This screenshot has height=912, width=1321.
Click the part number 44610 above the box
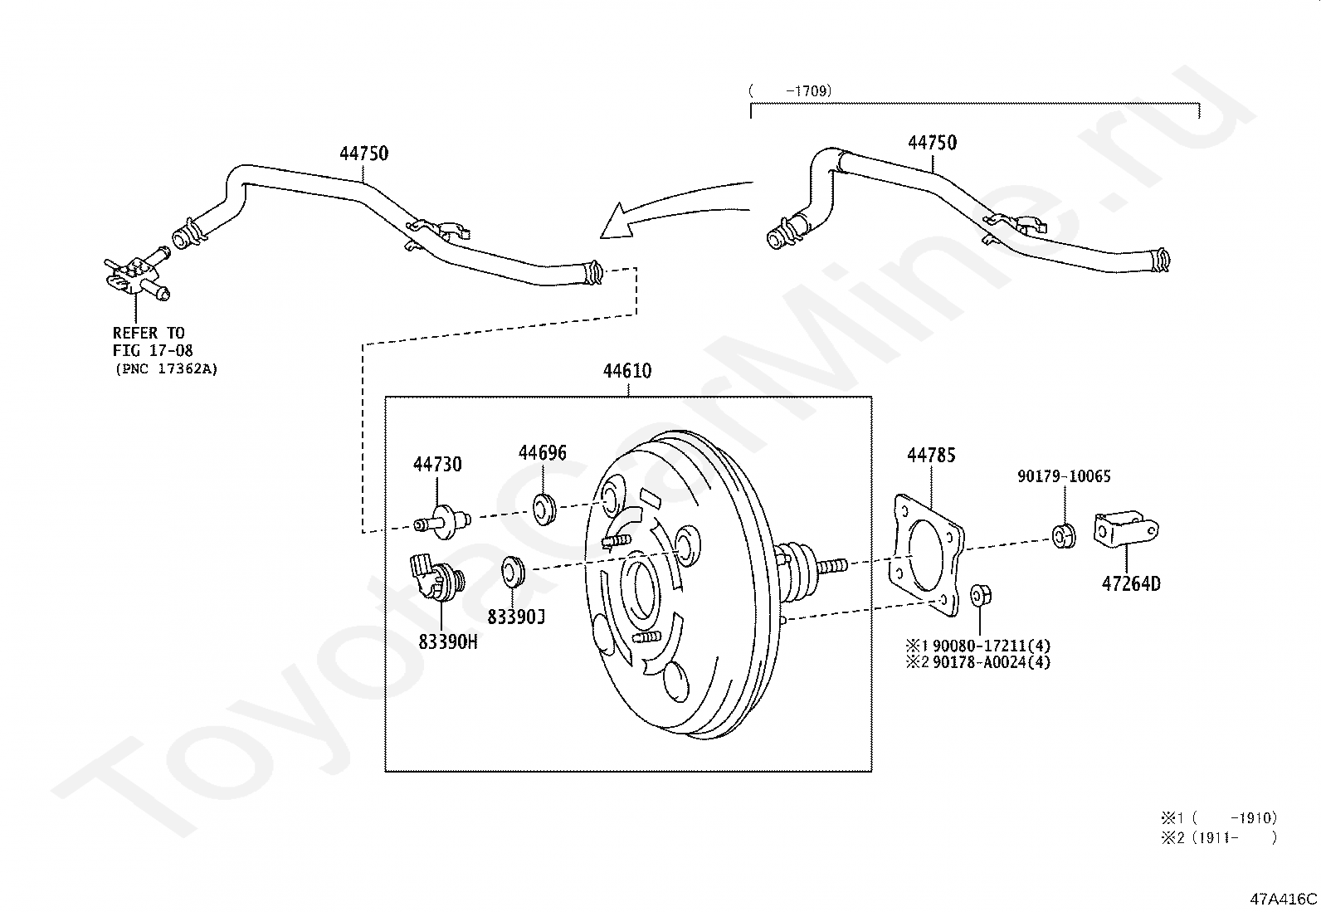626,371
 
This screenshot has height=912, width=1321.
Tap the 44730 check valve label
437,464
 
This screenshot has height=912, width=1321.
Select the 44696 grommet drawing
544,510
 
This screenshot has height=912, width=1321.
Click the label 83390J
516,617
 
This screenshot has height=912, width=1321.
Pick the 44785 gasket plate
927,555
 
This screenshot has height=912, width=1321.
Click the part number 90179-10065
1064,476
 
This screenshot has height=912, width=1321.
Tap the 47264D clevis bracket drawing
1126,528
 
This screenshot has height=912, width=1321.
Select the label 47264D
1131,584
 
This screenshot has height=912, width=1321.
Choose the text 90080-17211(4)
992,646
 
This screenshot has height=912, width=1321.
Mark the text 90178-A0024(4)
992,662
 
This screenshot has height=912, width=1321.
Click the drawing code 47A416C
1284,899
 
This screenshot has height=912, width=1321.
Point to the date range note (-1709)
790,90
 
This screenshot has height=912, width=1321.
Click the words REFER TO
149,333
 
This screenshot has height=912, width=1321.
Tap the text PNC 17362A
166,369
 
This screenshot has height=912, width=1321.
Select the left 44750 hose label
364,154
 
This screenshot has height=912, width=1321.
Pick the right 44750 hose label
933,143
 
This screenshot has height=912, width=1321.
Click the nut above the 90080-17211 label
980,595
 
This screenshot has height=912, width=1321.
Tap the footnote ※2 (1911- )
1218,837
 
